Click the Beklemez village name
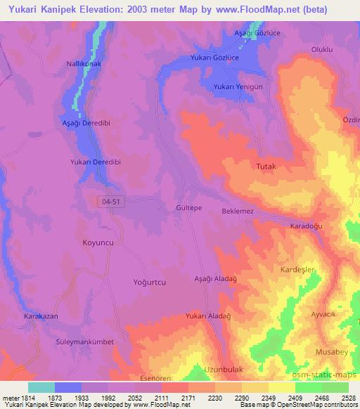[x=237, y=211]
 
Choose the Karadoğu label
[x=306, y=226]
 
